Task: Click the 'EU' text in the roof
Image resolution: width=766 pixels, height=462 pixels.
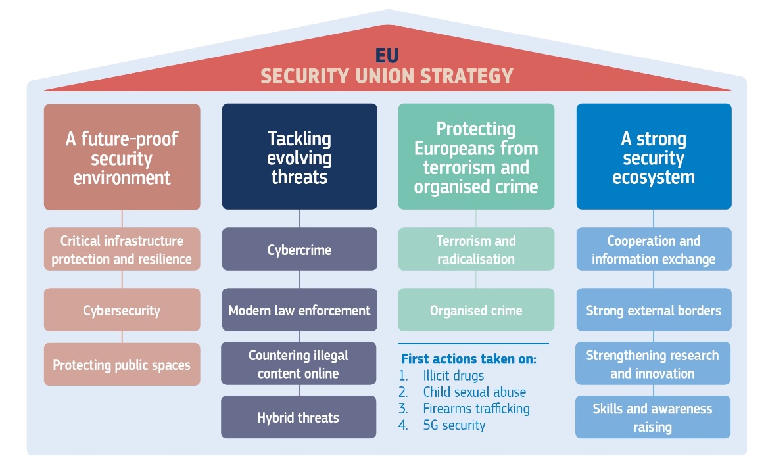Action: click(387, 55)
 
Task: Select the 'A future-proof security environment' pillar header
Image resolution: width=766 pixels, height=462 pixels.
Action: click(122, 157)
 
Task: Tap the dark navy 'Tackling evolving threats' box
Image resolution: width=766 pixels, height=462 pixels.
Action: click(299, 157)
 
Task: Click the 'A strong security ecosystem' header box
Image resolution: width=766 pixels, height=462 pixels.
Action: click(654, 157)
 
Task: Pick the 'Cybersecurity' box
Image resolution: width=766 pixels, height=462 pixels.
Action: click(122, 310)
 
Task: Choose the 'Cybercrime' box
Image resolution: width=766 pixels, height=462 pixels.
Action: click(299, 249)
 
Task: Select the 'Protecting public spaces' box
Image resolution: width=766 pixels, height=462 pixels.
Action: click(122, 364)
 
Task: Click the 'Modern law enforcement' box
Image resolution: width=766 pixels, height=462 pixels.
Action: click(299, 310)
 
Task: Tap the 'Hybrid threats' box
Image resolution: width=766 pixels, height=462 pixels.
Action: click(299, 417)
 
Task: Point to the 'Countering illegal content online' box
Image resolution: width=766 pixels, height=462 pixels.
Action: click(299, 363)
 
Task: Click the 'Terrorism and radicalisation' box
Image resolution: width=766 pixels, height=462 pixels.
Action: click(476, 249)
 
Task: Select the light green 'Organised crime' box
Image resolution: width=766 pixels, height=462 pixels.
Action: click(476, 310)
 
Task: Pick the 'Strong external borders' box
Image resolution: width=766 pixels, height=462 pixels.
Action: click(654, 310)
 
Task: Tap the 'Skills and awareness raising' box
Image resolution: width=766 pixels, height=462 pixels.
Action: click(653, 417)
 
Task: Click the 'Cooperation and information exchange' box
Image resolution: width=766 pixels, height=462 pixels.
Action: click(654, 249)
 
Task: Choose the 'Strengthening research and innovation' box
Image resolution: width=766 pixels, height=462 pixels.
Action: click(653, 363)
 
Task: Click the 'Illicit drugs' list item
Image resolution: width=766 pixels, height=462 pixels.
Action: click(453, 375)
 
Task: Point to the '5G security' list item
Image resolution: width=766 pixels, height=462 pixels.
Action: click(454, 425)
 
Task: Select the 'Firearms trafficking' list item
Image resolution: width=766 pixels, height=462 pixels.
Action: click(476, 409)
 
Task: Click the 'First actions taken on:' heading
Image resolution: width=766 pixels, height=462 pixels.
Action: click(469, 359)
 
